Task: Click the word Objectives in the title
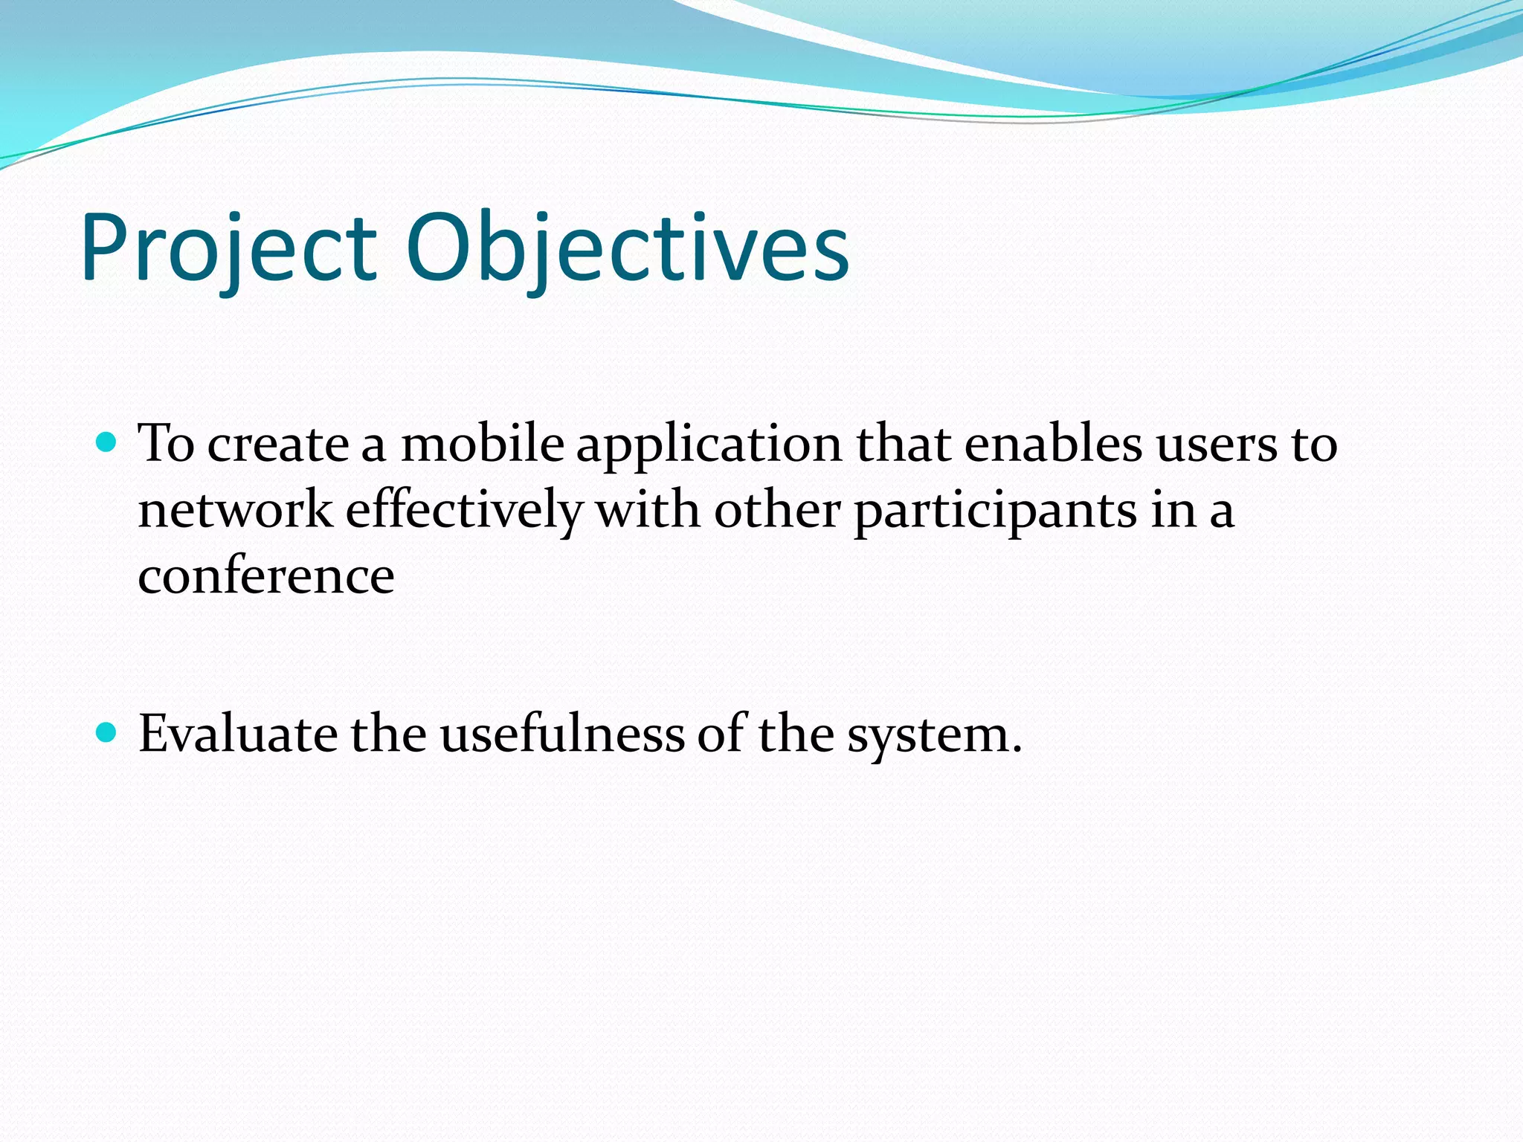pyautogui.click(x=627, y=249)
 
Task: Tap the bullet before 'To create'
pyautogui.click(x=107, y=443)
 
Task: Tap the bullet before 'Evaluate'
pyautogui.click(x=107, y=733)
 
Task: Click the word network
pyautogui.click(x=235, y=511)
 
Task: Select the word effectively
pyautogui.click(x=464, y=511)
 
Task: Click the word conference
pyautogui.click(x=266, y=577)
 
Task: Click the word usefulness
pyautogui.click(x=562, y=735)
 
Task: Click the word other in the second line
pyautogui.click(x=777, y=511)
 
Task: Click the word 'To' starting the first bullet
pyautogui.click(x=166, y=444)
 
